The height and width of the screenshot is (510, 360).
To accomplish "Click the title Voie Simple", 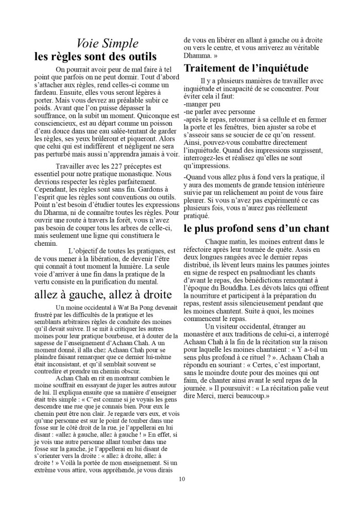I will tap(107, 43).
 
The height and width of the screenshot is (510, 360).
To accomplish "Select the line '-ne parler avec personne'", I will tap(219, 111).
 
